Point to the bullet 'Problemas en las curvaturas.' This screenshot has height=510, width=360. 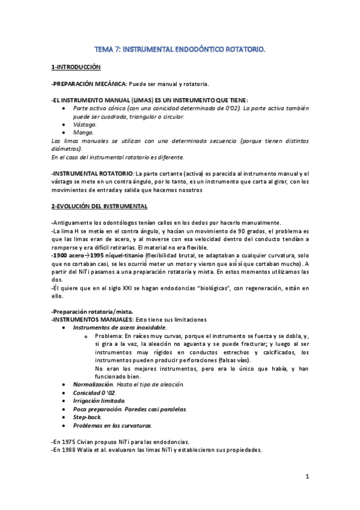click(108, 425)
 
